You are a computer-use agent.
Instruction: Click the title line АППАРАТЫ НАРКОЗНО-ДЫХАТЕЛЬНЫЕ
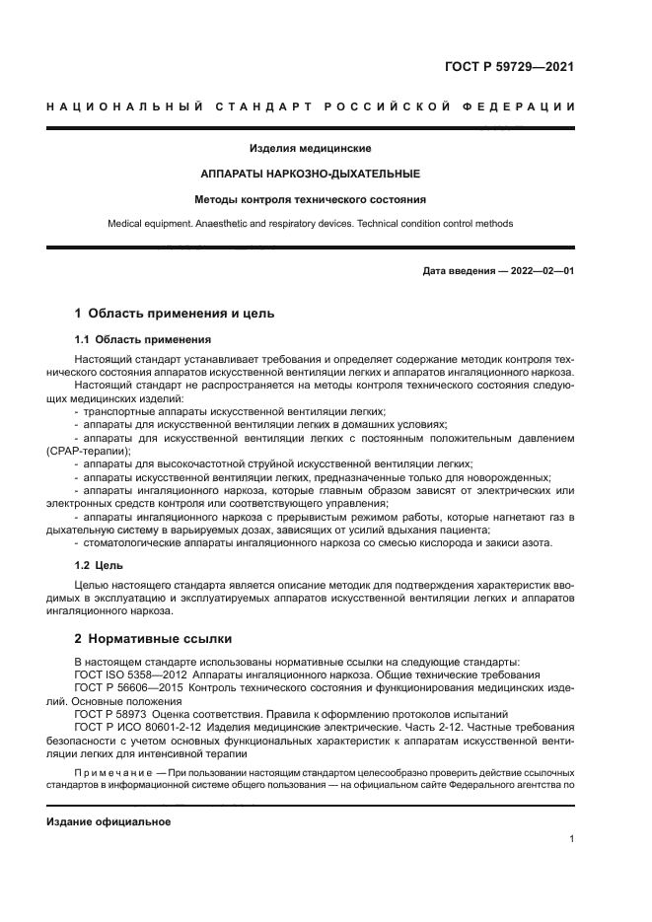point(310,173)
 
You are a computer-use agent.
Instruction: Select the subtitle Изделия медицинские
point(310,148)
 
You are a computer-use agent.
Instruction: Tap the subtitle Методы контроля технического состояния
point(310,198)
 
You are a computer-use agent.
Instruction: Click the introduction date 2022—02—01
point(539,270)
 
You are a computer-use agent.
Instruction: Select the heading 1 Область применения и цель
point(175,314)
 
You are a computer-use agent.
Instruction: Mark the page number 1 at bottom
point(571,839)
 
